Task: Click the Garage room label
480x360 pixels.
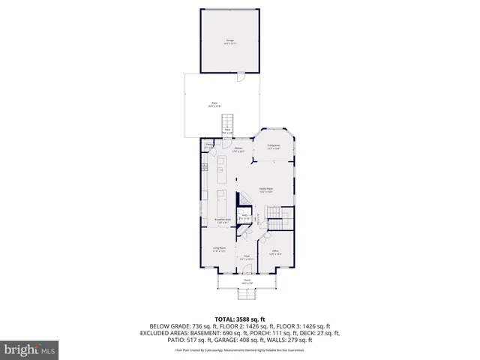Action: click(229, 40)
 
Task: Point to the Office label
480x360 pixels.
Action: click(275, 252)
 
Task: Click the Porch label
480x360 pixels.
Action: click(246, 281)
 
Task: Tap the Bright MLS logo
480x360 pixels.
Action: click(29, 349)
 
